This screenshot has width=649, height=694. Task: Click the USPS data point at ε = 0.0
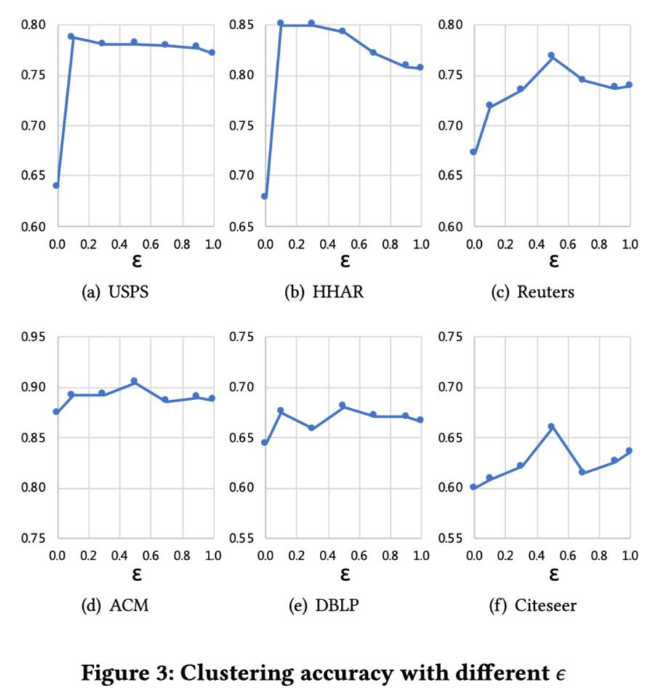pos(56,186)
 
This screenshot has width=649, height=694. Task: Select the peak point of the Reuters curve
pos(551,55)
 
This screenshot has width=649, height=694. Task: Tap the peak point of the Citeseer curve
pos(551,427)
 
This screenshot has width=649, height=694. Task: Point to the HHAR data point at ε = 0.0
pos(265,196)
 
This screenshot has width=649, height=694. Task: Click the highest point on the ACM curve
pos(134,381)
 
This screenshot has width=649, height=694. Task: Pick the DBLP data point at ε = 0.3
pos(312,428)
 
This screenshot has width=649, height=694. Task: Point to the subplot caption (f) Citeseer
pos(537,605)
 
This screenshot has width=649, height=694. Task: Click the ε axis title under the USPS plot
pos(136,260)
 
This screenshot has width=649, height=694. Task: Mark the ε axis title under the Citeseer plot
pos(553,573)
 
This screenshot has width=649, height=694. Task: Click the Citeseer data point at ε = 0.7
pos(582,472)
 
